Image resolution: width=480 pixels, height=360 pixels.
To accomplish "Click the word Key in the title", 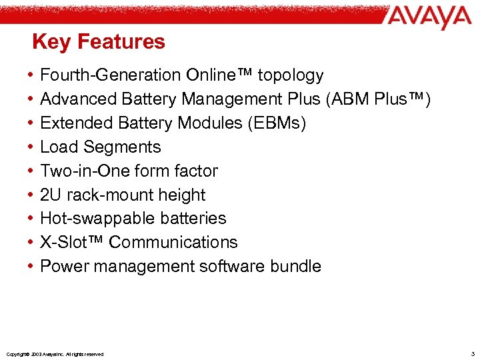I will [51, 42].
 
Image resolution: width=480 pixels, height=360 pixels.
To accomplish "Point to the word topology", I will [291, 76].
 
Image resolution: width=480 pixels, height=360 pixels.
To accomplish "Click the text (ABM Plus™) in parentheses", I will [379, 99].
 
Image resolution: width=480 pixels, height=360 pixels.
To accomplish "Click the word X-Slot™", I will [72, 242].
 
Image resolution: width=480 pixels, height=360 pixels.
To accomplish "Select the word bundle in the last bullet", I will [295, 266].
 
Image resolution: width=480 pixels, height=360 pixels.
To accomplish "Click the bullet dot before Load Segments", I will [32, 147].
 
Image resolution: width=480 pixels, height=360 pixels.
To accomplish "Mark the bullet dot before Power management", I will [32, 267].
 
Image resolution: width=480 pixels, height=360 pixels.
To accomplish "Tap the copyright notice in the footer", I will [54, 354].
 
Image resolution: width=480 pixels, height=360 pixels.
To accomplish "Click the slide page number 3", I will [472, 353].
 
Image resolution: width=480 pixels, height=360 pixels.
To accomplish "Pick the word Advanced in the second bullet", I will [79, 99].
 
